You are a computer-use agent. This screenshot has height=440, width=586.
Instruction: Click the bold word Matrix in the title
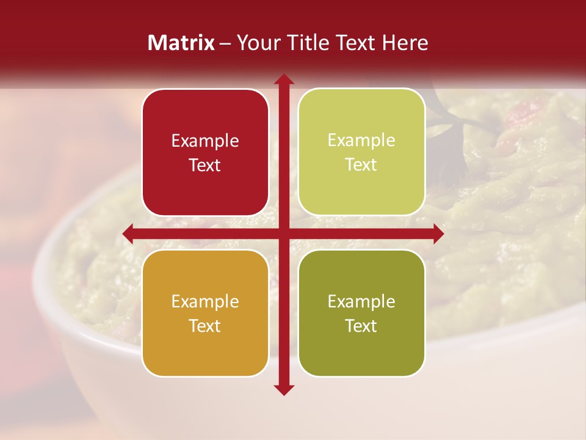tap(181, 43)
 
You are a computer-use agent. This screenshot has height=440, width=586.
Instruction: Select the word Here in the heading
tap(404, 43)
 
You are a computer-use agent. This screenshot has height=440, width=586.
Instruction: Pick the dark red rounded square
tap(205, 152)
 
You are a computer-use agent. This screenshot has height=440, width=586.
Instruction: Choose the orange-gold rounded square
tap(205, 313)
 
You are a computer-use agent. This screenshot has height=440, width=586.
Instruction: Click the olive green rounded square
tap(361, 313)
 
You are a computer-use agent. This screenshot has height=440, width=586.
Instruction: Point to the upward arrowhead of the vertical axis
tap(283, 80)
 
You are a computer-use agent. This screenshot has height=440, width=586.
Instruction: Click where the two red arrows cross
tap(283, 233)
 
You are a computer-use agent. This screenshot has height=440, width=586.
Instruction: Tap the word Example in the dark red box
tap(205, 141)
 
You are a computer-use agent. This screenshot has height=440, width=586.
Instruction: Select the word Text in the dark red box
tap(205, 165)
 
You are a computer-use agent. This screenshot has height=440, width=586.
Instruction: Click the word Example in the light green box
tap(361, 140)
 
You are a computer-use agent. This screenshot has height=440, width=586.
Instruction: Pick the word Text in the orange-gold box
tap(205, 326)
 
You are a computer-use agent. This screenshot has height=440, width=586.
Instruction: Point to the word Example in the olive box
tap(361, 301)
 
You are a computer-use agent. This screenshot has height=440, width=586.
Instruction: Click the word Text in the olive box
tap(361, 326)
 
